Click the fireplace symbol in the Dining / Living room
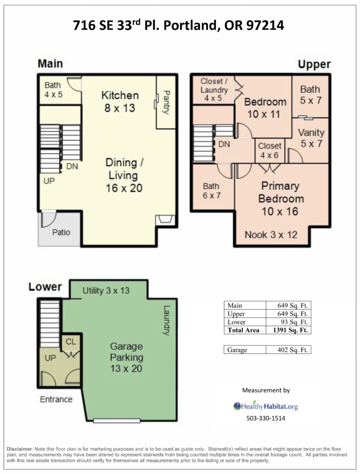[x=165, y=219]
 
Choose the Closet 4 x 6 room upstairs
[x=269, y=150]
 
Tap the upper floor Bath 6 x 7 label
[x=211, y=191]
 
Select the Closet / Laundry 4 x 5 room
[x=214, y=89]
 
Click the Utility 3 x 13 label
[x=106, y=291]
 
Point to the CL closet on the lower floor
[x=71, y=342]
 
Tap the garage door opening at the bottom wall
[x=116, y=421]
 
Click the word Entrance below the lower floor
[x=56, y=399]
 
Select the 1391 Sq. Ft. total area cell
[x=287, y=330]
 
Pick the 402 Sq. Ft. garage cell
[x=287, y=350]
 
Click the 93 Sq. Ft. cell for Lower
[x=287, y=322]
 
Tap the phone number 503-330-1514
[x=265, y=418]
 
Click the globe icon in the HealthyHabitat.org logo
[x=237, y=406]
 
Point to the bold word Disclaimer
[x=19, y=449]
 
